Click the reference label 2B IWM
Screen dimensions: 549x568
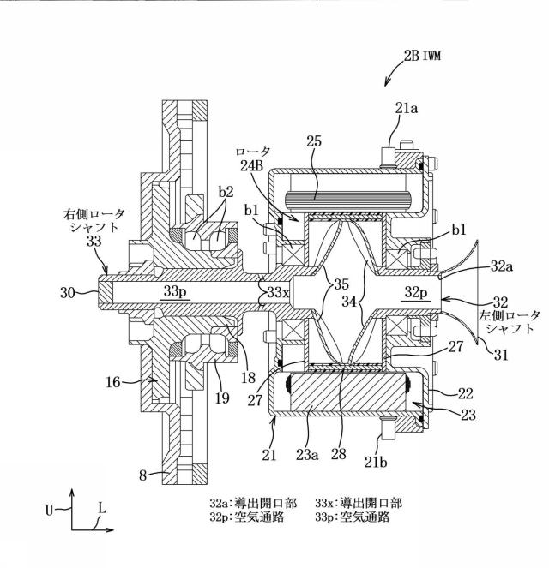point(422,57)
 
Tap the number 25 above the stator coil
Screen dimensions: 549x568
point(314,141)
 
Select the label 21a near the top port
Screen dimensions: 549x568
point(406,108)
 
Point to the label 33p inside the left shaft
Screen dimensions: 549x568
point(175,290)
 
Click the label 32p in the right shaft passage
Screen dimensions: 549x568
point(416,292)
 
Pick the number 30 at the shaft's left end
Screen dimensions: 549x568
point(68,293)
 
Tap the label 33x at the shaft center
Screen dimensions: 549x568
point(278,292)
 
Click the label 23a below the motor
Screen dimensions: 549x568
point(307,454)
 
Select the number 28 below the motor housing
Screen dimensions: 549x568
point(338,454)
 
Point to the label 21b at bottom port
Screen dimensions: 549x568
point(376,463)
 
